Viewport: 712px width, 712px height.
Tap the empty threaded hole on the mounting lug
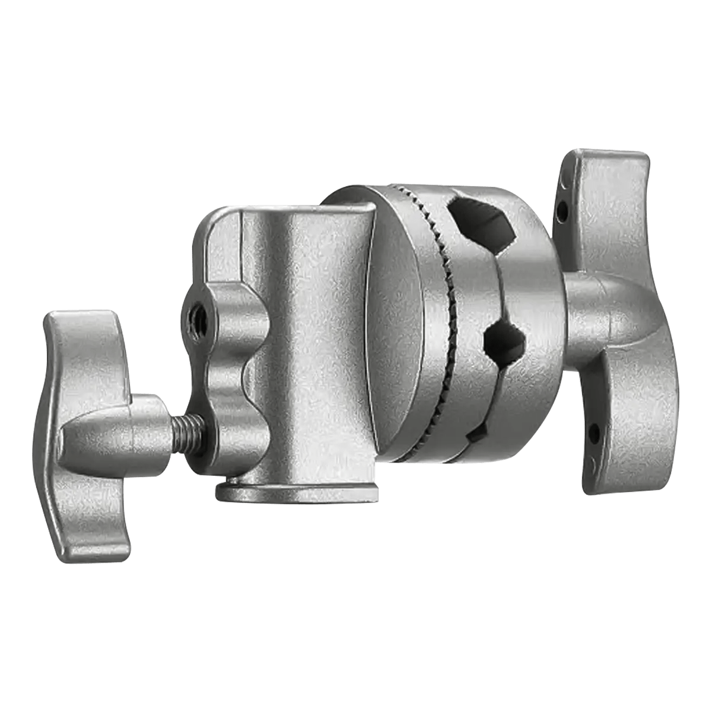194,310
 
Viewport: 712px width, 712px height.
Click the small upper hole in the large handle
562,209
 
